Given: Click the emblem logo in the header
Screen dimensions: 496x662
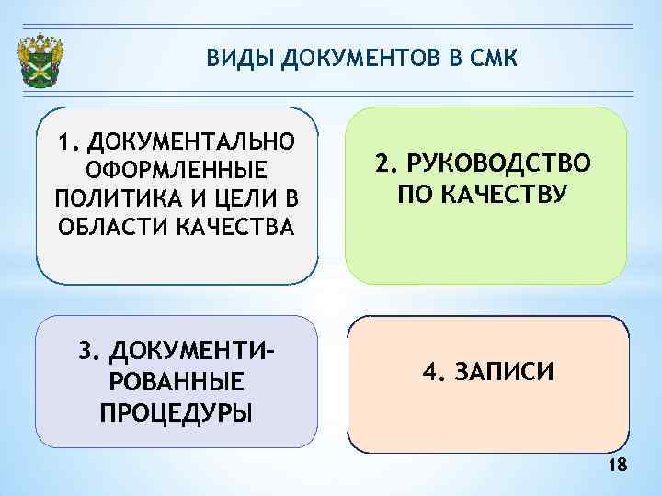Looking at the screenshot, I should click(x=41, y=62).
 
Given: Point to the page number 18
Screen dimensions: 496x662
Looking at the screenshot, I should click(x=618, y=467).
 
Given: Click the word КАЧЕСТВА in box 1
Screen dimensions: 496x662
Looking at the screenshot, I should click(x=234, y=227).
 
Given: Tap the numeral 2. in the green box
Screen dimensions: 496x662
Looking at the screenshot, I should click(x=386, y=164).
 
